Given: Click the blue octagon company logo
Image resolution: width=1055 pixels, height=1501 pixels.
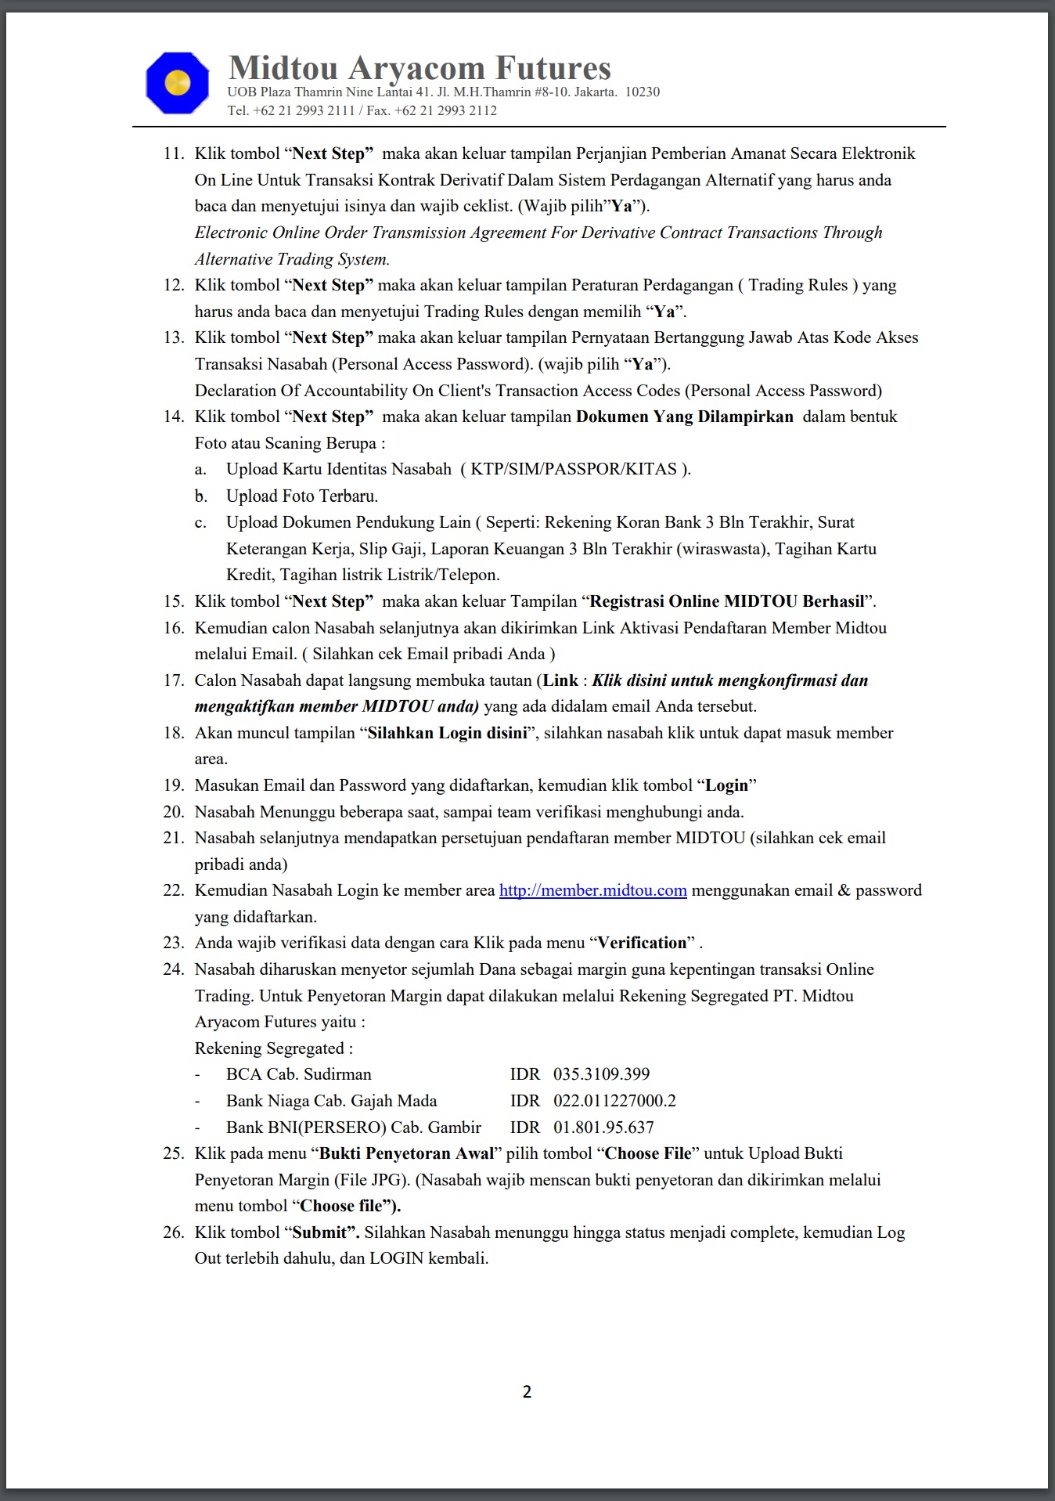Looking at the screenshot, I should point(178,83).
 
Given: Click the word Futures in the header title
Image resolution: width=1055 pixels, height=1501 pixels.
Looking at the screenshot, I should point(553,68).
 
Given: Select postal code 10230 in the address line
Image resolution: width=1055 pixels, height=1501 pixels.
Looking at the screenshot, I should point(642,92).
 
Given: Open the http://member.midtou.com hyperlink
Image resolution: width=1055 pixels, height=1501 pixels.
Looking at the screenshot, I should point(592,890).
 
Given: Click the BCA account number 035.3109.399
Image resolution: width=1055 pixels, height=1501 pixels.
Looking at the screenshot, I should point(601,1074).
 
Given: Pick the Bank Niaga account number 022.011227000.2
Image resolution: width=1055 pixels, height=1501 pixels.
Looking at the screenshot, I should point(614,1101).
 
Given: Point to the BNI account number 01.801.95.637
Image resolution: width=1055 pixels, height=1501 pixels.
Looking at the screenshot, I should point(603,1128).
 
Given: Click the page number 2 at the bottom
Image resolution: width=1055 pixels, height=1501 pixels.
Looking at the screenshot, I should point(527,1391).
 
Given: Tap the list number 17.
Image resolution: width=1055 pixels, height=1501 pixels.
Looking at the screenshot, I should point(173,680).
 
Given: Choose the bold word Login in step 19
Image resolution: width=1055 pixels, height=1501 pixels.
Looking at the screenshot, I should point(727,785).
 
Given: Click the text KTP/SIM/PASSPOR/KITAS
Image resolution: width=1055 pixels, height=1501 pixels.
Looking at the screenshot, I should point(574,469).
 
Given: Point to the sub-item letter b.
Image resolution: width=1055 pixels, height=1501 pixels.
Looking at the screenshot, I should point(201,496).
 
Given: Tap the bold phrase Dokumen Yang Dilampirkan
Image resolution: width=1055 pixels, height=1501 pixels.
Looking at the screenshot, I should point(685,417).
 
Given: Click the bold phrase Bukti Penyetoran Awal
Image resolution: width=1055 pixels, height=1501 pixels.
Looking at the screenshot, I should point(407,1153).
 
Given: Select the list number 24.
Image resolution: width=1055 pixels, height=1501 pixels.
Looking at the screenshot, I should point(173,969).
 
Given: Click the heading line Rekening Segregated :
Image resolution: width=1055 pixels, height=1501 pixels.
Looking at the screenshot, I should point(274,1048).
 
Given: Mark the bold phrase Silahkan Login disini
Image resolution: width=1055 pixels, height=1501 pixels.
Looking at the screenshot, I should point(447,733).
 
